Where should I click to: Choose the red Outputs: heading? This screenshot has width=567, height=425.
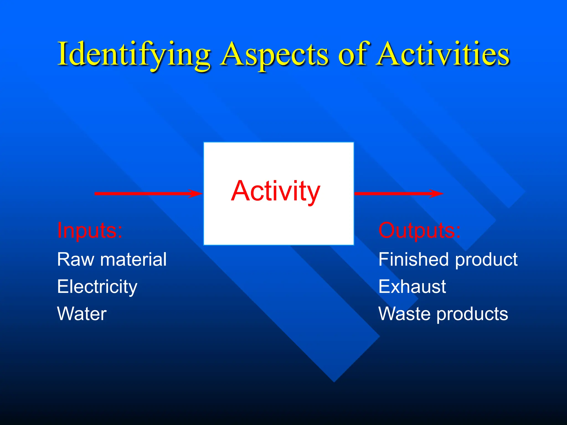tap(419, 230)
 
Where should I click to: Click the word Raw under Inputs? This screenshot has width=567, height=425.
tap(76, 260)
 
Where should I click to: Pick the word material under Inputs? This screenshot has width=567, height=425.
tap(133, 260)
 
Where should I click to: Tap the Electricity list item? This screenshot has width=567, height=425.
tap(97, 287)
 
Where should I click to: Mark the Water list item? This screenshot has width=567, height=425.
tap(82, 314)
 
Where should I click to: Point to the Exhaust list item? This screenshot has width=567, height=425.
tap(412, 287)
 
